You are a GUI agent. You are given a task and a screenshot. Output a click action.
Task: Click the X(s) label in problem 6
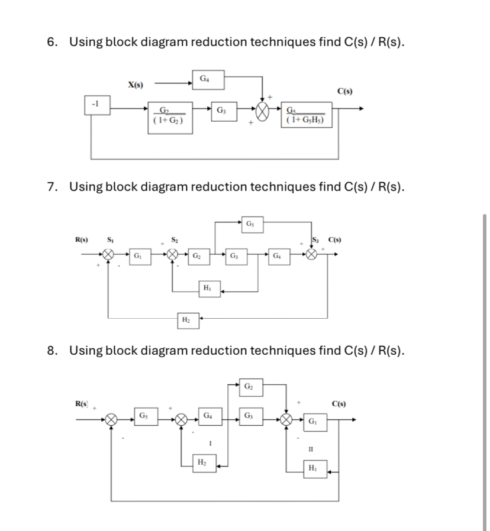point(137,85)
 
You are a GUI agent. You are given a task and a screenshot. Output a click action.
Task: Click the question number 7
point(53,187)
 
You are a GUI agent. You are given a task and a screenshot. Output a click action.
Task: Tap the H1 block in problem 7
point(207,289)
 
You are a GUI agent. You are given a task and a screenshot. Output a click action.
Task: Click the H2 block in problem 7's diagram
point(186,320)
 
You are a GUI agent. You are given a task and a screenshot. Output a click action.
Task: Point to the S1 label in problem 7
point(109,240)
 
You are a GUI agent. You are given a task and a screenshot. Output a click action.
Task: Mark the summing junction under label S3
point(312,255)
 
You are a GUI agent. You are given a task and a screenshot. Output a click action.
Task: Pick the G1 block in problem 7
point(138,256)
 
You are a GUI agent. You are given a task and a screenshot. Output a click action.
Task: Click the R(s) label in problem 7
point(82,240)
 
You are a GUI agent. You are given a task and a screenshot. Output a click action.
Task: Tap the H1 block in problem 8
point(312,468)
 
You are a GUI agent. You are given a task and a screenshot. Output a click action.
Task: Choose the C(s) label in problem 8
point(340,404)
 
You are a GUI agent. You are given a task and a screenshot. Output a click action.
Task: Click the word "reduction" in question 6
point(218,42)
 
